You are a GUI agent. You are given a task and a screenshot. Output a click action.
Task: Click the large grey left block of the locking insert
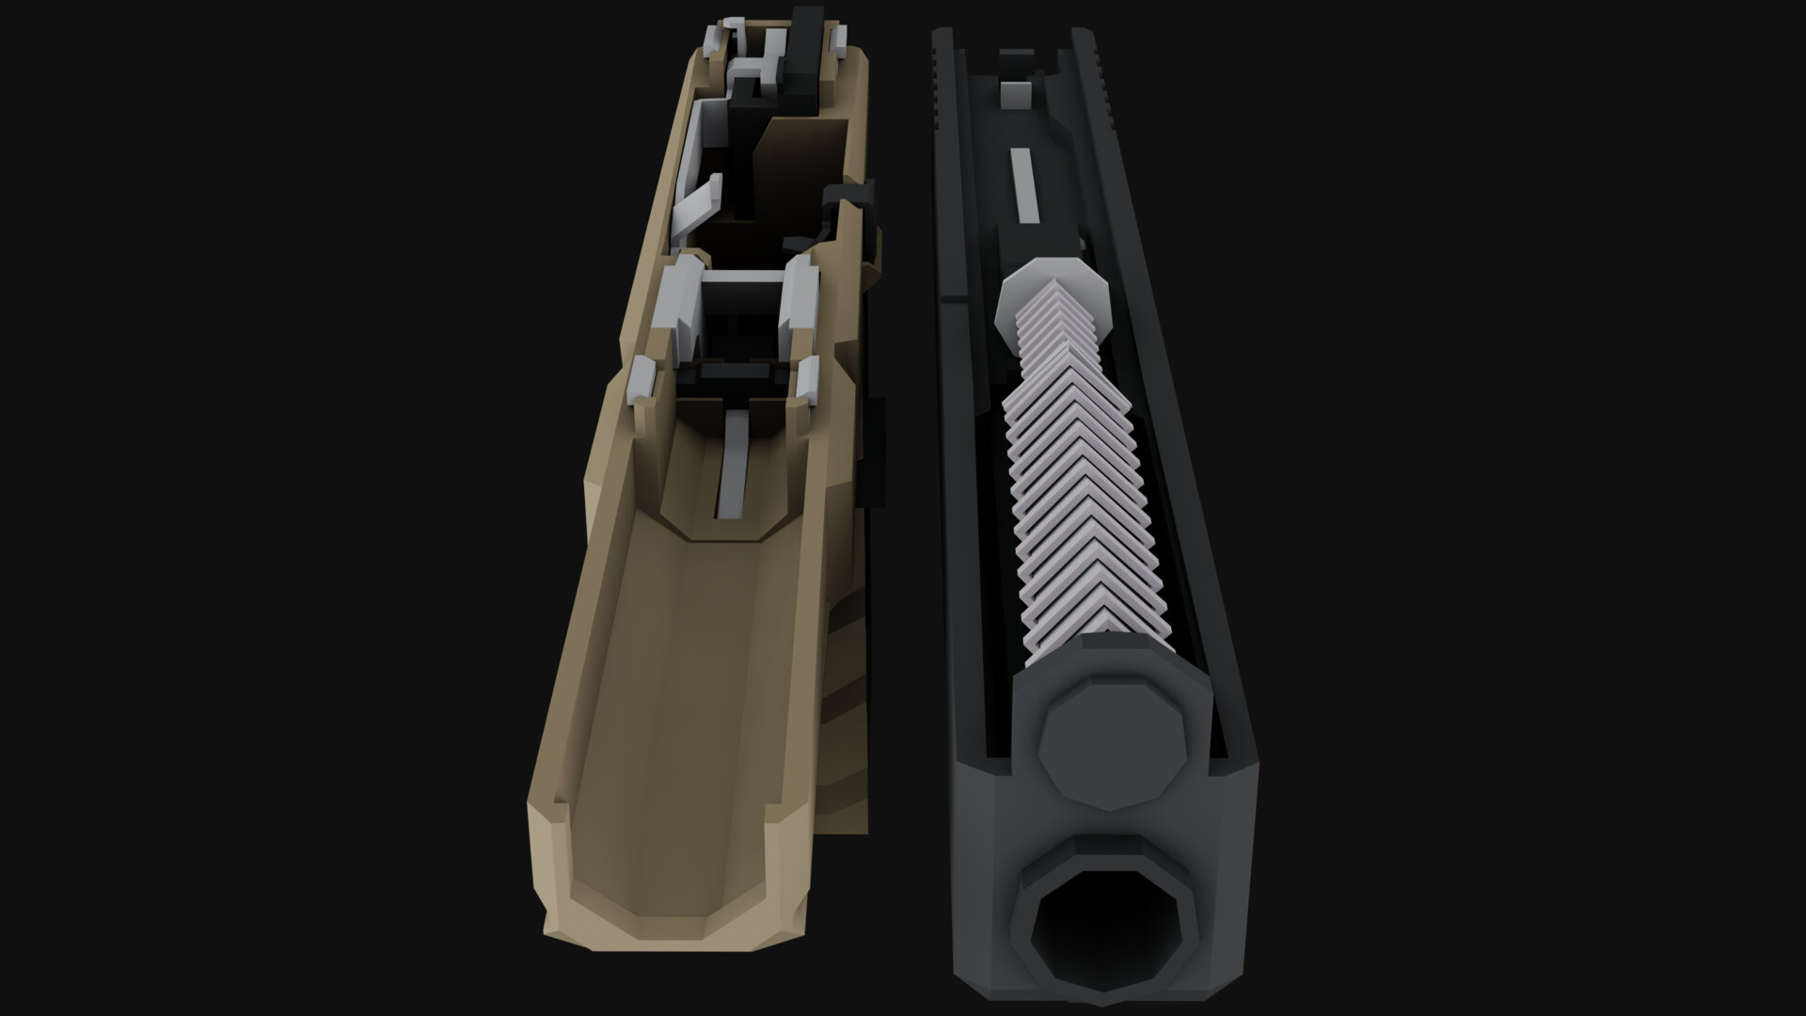pyautogui.click(x=682, y=306)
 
